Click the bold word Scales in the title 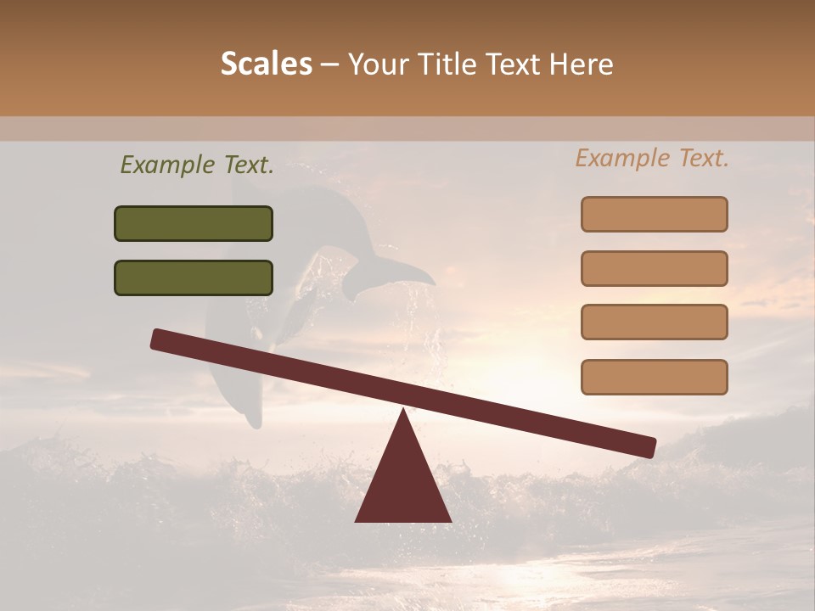point(266,64)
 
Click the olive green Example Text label point(197,165)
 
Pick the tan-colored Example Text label point(652,158)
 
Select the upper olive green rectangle point(194,223)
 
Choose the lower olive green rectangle point(194,277)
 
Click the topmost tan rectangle point(654,214)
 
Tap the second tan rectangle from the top point(654,268)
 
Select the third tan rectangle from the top point(654,322)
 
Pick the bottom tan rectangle point(654,377)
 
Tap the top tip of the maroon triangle point(403,412)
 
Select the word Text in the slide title point(512,64)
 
